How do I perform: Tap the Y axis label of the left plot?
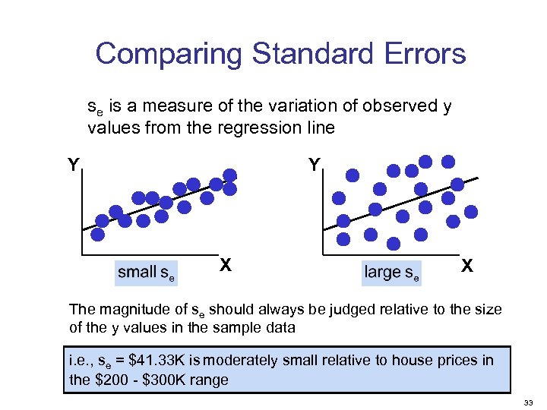72,165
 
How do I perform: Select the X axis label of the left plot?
225,264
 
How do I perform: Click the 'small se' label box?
146,273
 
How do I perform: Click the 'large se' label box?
391,273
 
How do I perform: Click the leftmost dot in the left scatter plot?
101,220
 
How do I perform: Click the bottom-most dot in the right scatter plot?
394,243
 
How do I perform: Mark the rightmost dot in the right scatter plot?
472,212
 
